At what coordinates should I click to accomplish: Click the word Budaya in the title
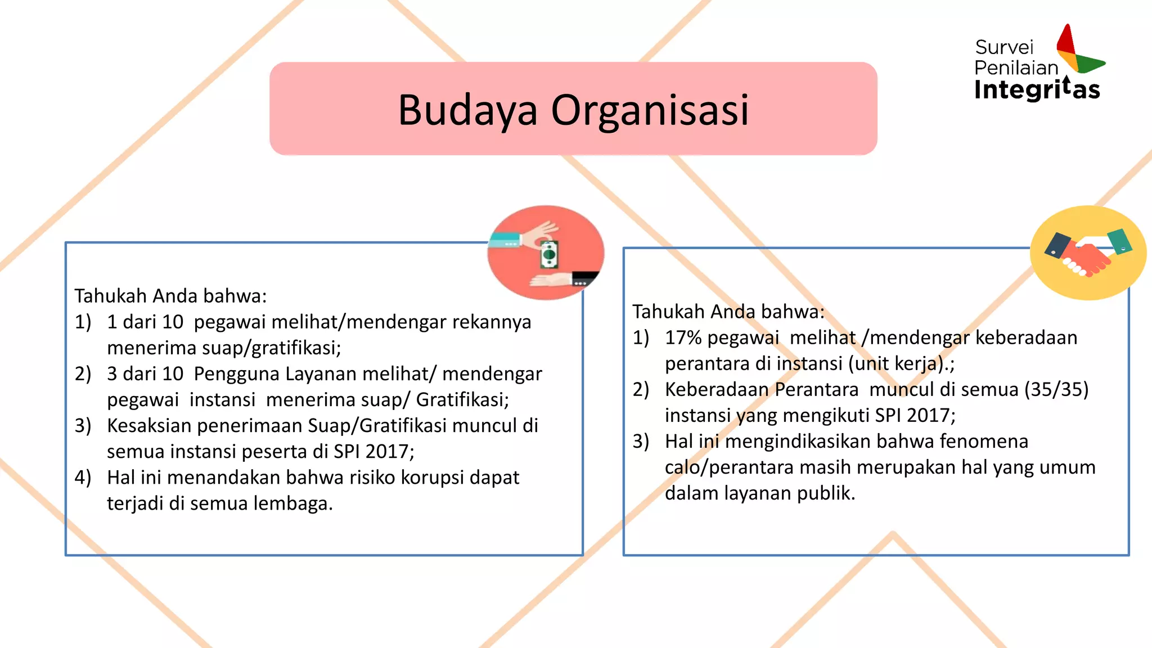pos(467,110)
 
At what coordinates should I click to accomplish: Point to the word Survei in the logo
pos(1004,47)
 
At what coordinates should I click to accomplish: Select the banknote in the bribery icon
pos(549,254)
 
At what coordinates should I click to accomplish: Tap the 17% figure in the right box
pos(683,337)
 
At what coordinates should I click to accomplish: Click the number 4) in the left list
pos(83,478)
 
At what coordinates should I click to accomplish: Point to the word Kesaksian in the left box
pos(149,426)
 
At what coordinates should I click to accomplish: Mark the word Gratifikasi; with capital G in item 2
pos(462,400)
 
